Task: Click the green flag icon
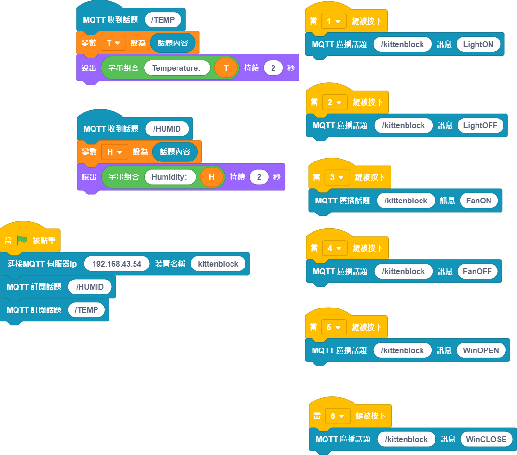pos(22,240)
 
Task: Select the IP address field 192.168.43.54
pos(117,264)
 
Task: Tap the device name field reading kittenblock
pos(218,264)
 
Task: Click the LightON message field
pos(478,44)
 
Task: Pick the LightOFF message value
pos(480,125)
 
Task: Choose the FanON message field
pos(479,201)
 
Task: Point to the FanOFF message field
pos(477,271)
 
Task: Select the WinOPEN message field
pos(481,350)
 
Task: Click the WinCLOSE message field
pos(486,439)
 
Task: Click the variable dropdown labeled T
pos(113,43)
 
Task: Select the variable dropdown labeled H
pos(115,152)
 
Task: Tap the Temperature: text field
pos(177,68)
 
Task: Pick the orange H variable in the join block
pos(212,177)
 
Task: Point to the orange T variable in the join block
pos(226,68)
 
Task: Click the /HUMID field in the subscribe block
pos(90,287)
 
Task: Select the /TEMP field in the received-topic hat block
pos(163,20)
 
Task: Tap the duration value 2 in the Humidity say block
pos(259,177)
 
